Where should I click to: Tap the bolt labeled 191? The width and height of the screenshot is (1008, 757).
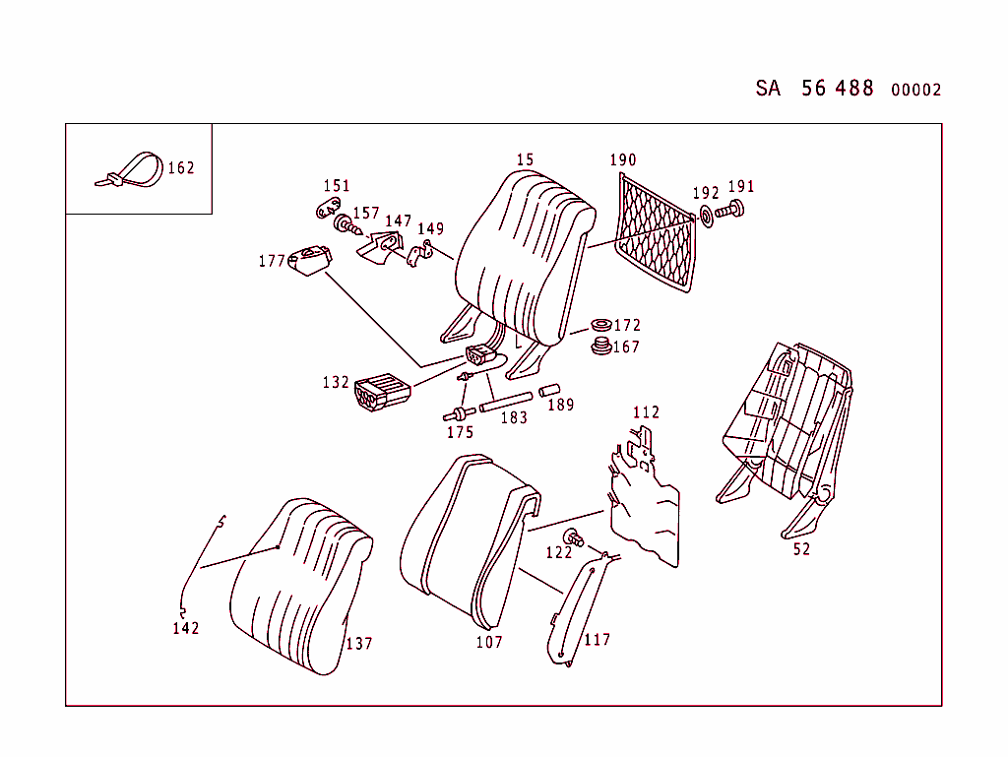731,210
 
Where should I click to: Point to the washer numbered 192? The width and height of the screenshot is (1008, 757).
706,216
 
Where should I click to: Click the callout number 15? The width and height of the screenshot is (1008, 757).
525,159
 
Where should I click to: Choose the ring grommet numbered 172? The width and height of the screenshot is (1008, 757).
598,326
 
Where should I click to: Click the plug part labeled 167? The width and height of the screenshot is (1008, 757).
598,347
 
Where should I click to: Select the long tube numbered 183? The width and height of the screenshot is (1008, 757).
506,402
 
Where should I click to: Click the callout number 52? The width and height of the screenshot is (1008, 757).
801,549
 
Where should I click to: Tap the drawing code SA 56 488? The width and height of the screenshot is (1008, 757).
814,89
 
